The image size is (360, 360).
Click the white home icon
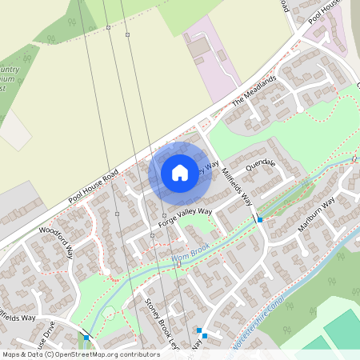click(x=180, y=172)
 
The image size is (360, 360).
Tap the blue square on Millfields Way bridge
click(x=260, y=218)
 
